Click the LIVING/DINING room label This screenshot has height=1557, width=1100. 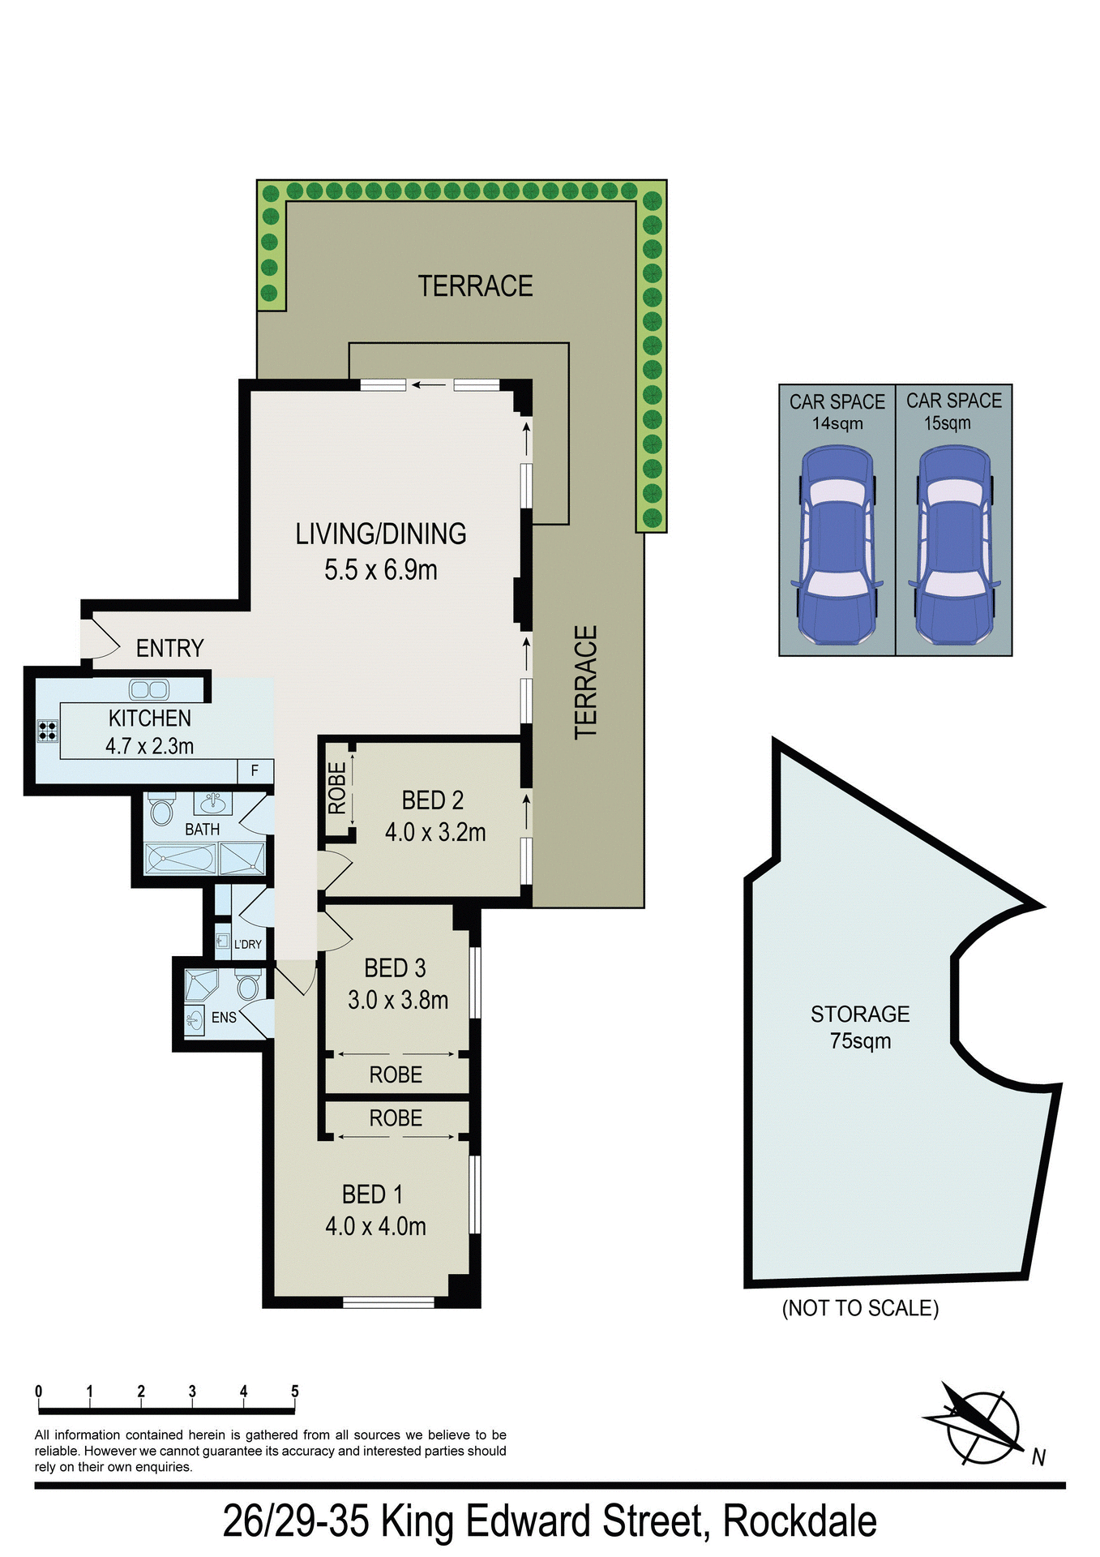tap(380, 534)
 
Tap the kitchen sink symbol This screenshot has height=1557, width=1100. tap(149, 690)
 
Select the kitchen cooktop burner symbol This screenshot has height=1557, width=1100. tap(48, 731)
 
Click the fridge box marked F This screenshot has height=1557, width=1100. tap(255, 770)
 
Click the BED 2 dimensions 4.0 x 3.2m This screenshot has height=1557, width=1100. tap(434, 832)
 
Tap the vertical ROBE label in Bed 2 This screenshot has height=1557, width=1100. tap(336, 788)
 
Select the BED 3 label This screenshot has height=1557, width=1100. tap(395, 967)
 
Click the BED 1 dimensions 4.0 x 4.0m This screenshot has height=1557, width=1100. tap(375, 1225)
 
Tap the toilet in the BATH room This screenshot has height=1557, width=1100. tap(162, 811)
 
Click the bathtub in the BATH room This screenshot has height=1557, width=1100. tap(181, 859)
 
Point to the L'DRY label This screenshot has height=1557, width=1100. tap(247, 944)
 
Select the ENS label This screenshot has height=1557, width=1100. tap(224, 1017)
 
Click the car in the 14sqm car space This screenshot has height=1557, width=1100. tap(837, 545)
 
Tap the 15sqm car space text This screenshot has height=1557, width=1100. tap(947, 423)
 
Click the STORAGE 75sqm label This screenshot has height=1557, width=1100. tap(860, 1027)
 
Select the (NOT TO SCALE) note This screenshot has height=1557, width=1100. tap(860, 1308)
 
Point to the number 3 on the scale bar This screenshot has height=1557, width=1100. tap(192, 1392)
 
